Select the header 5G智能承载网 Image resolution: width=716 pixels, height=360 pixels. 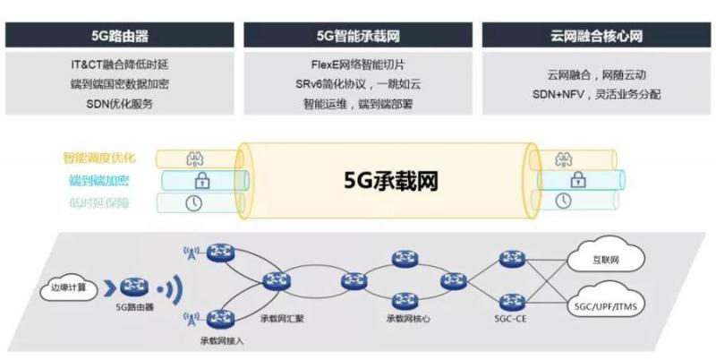coord(358,37)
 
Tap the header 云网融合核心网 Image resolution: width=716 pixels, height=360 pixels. coord(596,37)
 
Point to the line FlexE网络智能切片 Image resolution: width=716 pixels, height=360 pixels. coord(358,65)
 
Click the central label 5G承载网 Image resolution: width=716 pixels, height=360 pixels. coord(390,179)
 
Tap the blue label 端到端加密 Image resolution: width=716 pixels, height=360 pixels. coord(99,180)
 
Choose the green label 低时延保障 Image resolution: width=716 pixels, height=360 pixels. coord(99,202)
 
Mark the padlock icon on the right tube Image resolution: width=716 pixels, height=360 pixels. coord(562,180)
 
